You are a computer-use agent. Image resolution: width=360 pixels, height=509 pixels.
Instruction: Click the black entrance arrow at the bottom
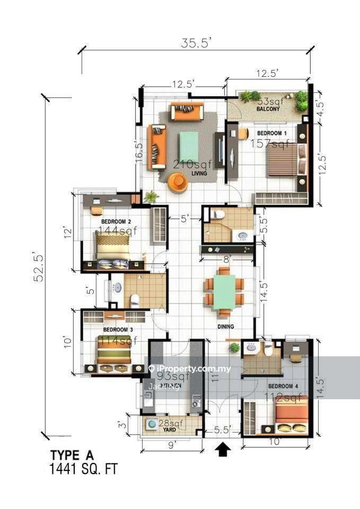223,450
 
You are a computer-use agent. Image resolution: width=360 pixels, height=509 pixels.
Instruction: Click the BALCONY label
268,109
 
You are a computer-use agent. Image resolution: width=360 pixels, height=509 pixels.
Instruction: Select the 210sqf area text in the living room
192,164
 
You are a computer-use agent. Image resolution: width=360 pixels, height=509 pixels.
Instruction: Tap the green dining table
225,291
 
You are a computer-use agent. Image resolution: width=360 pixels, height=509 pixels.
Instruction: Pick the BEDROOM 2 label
116,222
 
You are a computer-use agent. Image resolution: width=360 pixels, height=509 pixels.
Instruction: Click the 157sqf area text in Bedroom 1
273,144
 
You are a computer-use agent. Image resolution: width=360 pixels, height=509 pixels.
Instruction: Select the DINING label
225,327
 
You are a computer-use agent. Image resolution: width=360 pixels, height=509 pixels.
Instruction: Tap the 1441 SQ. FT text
83,469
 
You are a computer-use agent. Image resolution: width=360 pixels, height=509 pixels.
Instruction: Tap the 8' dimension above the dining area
227,259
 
